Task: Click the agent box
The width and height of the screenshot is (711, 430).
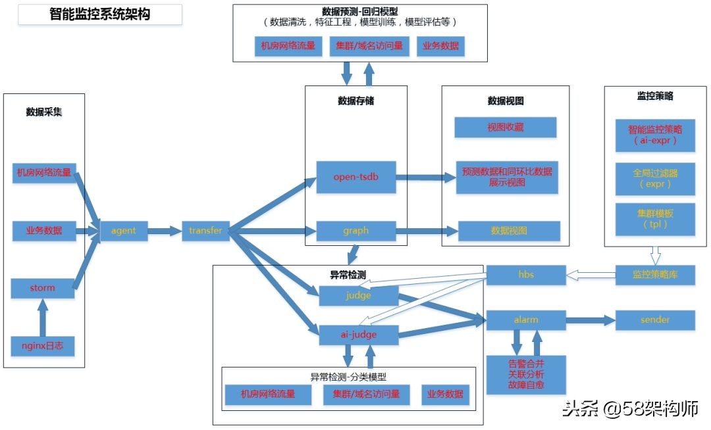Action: coord(124,231)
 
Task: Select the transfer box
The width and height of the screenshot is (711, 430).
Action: coord(205,231)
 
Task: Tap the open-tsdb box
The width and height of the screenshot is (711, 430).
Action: coord(356,177)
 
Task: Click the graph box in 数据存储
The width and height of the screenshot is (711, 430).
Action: coord(356,231)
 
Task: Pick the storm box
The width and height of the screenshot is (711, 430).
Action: coord(43,288)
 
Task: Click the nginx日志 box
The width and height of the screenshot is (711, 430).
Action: coord(43,346)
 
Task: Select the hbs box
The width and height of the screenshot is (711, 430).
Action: coord(525,275)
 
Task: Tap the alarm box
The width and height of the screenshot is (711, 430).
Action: coord(525,320)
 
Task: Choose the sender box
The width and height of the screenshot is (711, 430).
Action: coord(655,320)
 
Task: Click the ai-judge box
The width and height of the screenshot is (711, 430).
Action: coord(359,335)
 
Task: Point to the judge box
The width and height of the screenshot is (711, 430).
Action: coord(359,296)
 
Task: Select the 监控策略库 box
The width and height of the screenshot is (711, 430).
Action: coord(655,275)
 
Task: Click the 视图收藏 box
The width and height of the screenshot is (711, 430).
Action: coord(506,128)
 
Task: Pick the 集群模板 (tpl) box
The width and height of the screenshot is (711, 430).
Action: coord(655,219)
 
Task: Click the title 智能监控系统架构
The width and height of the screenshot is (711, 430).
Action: coord(100,14)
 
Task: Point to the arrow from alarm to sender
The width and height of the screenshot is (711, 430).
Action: coord(589,320)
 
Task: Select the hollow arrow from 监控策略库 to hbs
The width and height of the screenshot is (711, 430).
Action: coord(591,275)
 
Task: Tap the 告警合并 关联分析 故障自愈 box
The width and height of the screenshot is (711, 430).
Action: coord(525,373)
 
